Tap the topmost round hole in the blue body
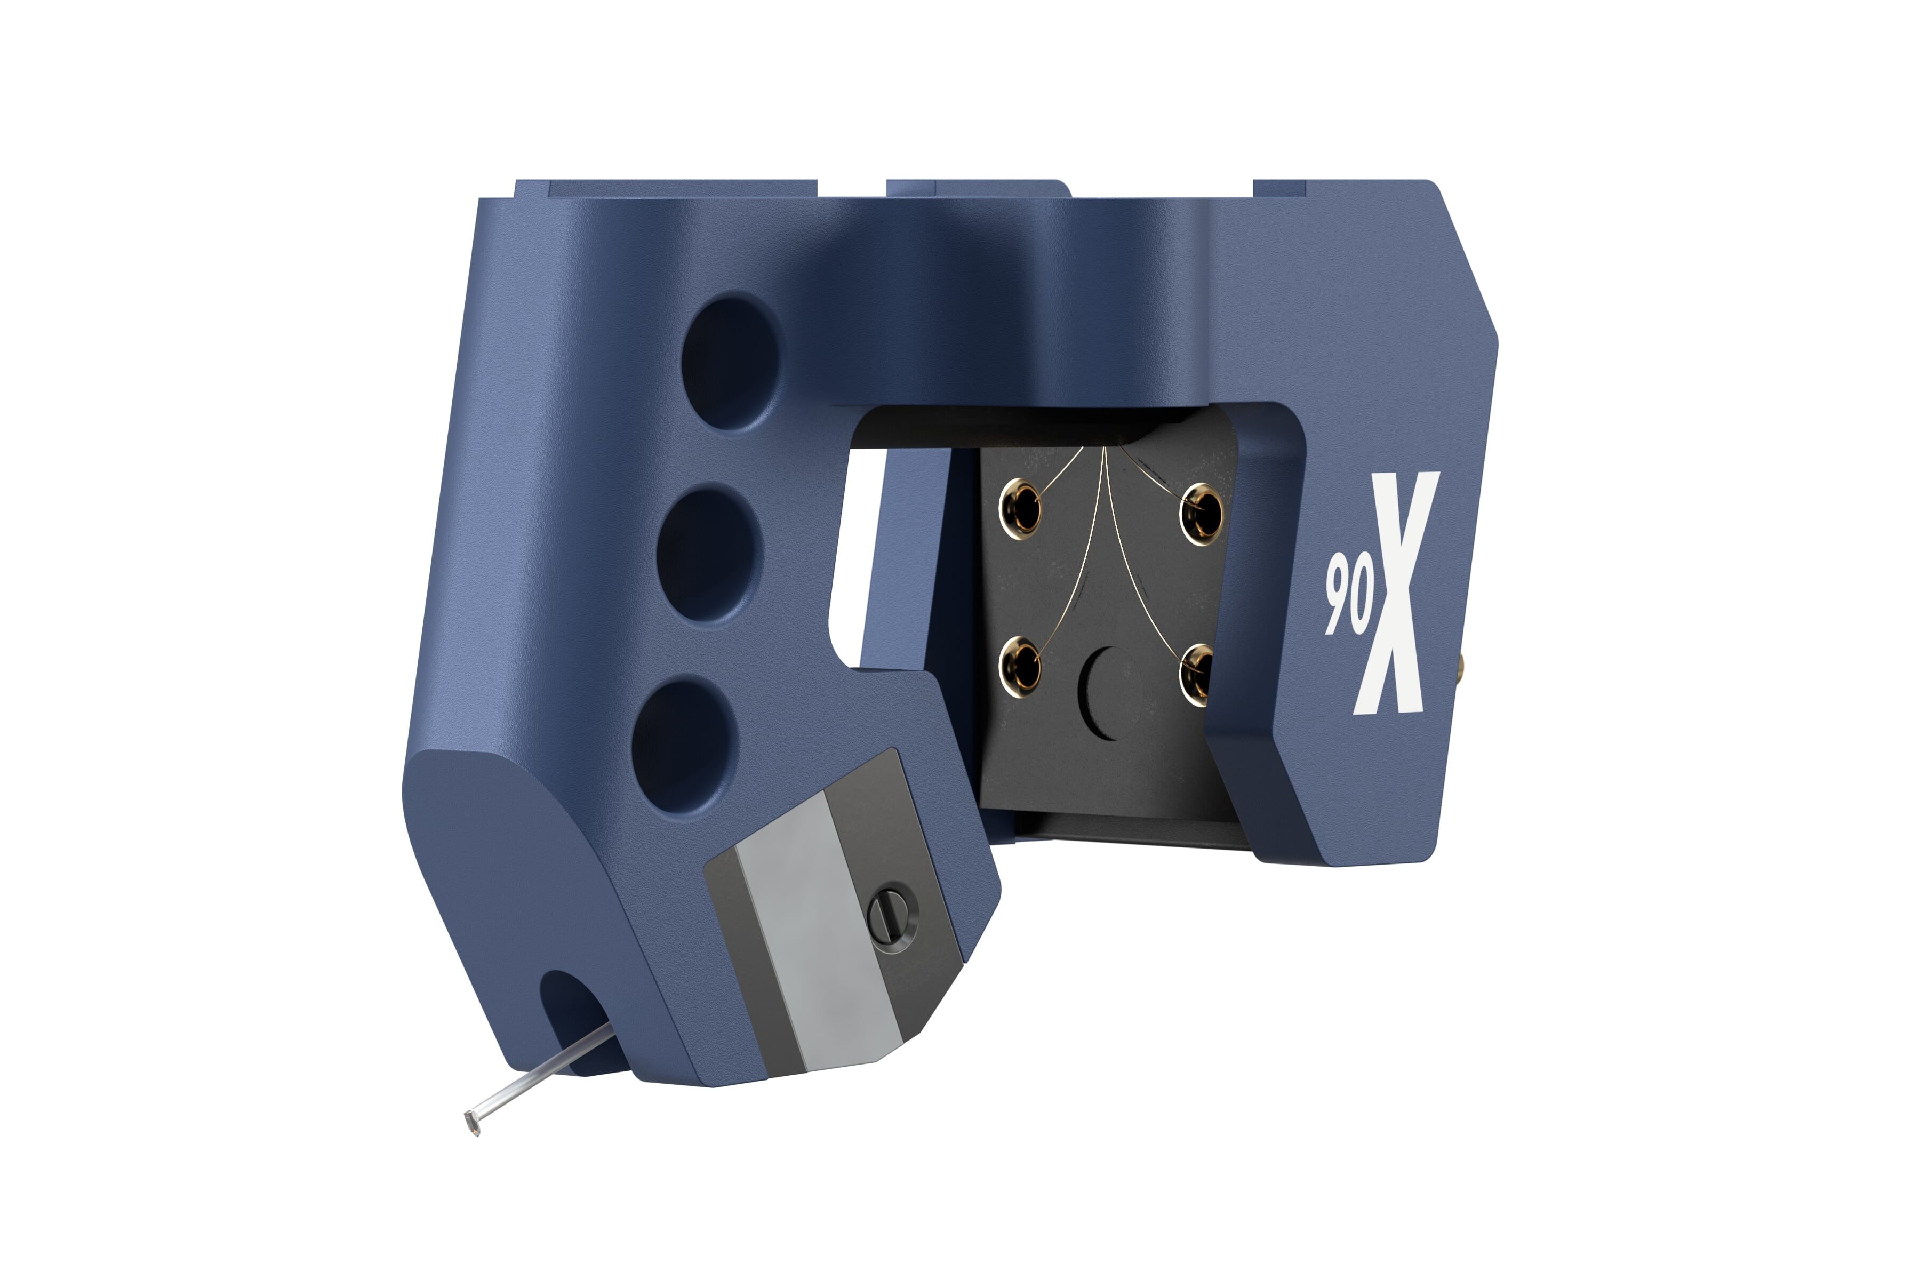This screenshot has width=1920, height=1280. [729, 362]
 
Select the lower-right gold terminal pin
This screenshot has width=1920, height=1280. [1197, 674]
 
